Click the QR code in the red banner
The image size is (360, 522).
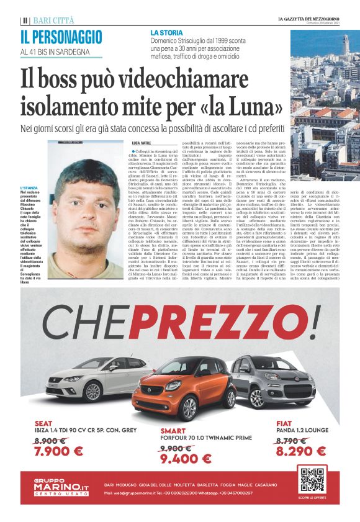point(313,481)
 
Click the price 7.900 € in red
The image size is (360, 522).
point(59,451)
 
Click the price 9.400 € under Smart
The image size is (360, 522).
point(186,459)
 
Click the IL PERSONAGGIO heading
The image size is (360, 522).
point(61,36)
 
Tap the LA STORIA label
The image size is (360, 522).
point(166,30)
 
